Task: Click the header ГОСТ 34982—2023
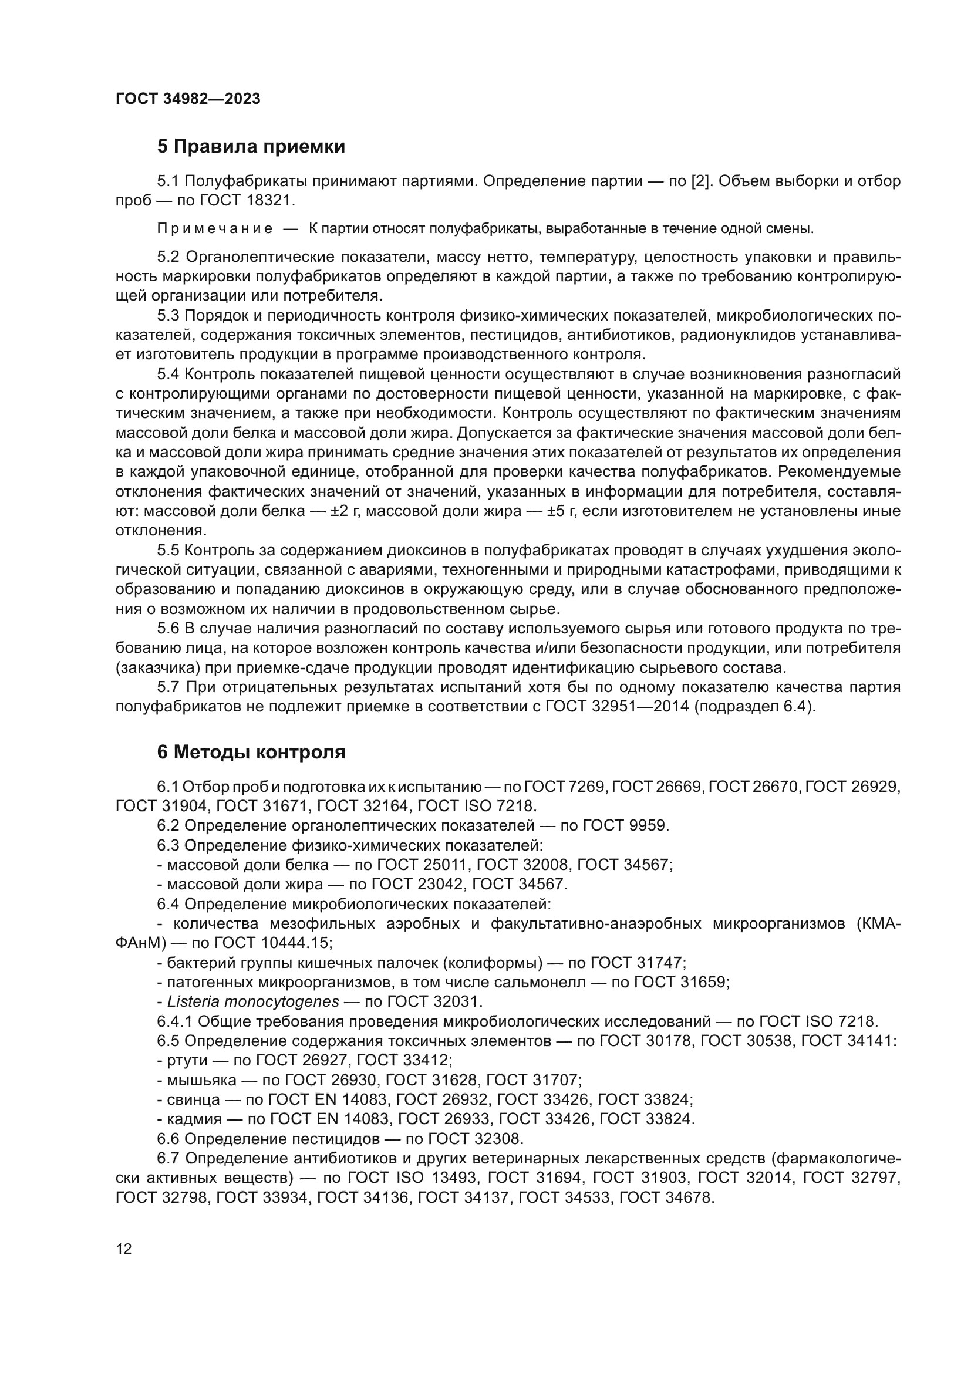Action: pos(188,99)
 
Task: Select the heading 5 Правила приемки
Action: pos(251,147)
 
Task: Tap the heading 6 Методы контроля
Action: pos(251,752)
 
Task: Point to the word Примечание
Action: pos(215,228)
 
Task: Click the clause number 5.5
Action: pos(168,550)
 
